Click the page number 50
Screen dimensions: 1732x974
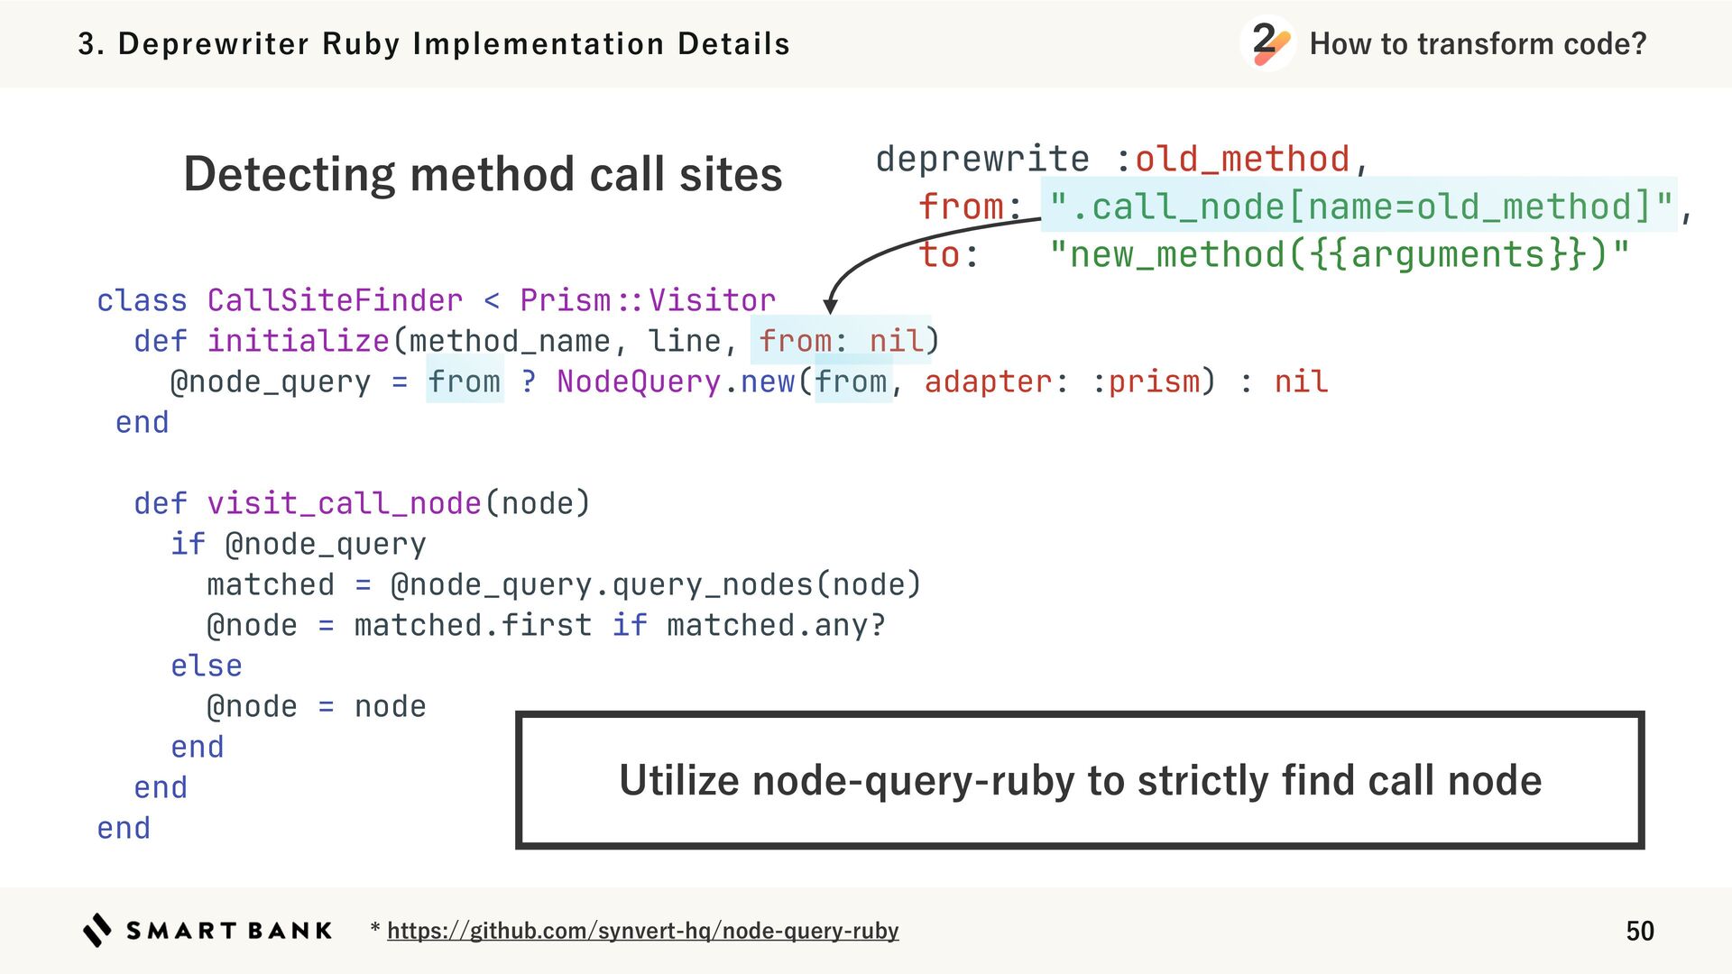(1639, 931)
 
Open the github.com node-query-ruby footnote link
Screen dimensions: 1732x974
(642, 931)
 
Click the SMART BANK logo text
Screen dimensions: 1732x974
(229, 931)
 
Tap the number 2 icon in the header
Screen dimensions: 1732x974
(1267, 42)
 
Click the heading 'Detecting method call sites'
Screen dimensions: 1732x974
(483, 173)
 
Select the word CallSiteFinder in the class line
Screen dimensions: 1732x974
(335, 300)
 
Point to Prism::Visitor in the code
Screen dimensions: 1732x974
(647, 300)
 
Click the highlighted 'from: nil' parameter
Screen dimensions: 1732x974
(841, 341)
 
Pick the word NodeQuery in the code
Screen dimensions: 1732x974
(638, 381)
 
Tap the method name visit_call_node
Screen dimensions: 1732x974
(344, 503)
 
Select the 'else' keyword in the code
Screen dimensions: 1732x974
(207, 666)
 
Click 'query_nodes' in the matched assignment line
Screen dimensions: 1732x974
(712, 584)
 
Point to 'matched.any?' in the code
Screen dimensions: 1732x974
(776, 625)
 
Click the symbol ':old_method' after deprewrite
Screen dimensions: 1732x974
(1232, 160)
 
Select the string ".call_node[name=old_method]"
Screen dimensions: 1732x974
(1361, 207)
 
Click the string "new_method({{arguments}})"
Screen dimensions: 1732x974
(1340, 254)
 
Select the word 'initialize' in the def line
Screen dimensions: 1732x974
(298, 341)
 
